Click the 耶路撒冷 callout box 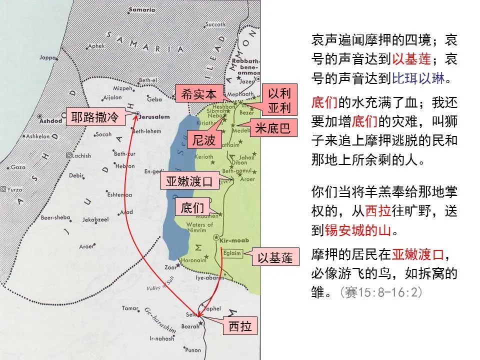[x=94, y=117]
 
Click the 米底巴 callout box [x=272, y=128]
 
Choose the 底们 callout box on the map [x=190, y=207]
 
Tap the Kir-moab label [x=231, y=241]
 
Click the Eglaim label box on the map [x=232, y=253]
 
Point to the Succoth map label [x=215, y=24]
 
